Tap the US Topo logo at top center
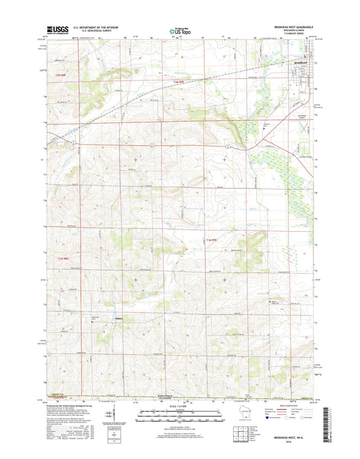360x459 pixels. coord(179,30)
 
